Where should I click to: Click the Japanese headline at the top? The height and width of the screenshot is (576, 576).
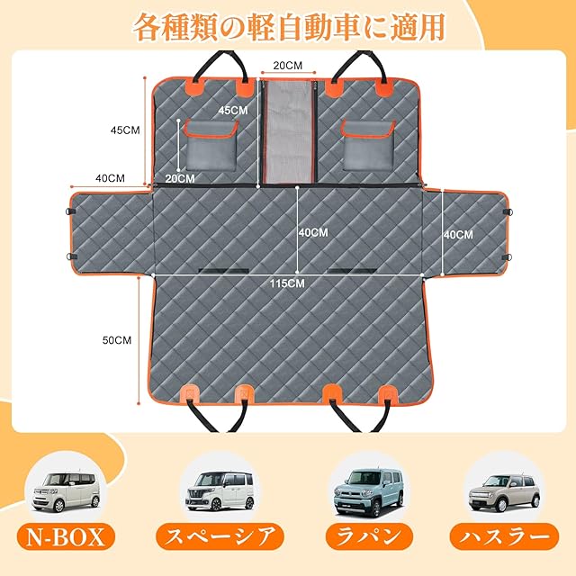288,26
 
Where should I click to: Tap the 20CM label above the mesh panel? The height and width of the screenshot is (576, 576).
288,67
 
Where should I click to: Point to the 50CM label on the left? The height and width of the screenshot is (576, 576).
117,340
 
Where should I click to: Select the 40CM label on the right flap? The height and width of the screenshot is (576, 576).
457,234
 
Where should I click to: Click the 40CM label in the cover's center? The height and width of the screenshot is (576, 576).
312,232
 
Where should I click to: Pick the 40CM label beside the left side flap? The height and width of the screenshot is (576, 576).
109,178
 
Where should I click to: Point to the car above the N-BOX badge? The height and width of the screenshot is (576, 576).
67,490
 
